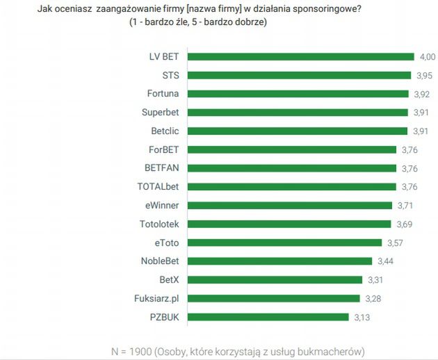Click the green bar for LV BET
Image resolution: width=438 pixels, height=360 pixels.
[x=302, y=56]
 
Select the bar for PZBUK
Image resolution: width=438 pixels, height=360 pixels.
[x=268, y=317]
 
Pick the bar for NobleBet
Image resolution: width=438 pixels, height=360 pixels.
[x=280, y=261]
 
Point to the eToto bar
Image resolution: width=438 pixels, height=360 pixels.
[x=285, y=243]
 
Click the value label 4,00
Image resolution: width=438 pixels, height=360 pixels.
[x=427, y=56]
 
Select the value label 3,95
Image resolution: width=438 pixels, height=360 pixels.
[x=423, y=75]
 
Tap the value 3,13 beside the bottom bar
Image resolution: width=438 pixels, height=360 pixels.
[x=361, y=317]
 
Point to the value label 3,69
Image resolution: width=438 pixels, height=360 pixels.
[x=404, y=224]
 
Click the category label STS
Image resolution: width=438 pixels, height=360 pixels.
[x=171, y=75]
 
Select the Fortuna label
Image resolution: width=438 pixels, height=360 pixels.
[x=164, y=93]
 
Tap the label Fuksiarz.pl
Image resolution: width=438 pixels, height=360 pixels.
[x=156, y=299]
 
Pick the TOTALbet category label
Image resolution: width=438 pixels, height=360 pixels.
[x=159, y=186]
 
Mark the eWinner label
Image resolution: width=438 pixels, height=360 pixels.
[x=163, y=205]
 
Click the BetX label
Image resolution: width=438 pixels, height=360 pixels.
[x=170, y=280]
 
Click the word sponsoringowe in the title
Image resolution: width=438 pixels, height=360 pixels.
[x=343, y=9]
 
